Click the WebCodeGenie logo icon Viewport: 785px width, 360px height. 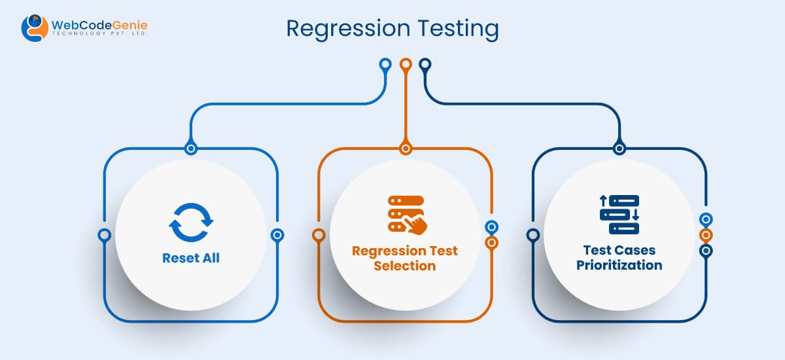(x=34, y=28)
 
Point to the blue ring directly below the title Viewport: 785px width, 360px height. (x=385, y=65)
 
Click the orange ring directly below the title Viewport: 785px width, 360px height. (x=406, y=65)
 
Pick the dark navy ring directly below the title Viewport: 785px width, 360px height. (x=425, y=65)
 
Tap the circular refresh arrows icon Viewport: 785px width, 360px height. (x=191, y=223)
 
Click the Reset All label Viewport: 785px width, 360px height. (x=191, y=258)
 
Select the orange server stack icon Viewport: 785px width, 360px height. (x=402, y=213)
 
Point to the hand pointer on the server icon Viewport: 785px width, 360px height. (x=416, y=225)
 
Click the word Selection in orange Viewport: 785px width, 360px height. (x=405, y=266)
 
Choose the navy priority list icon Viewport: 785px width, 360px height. (x=619, y=215)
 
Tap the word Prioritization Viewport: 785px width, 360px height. (x=619, y=265)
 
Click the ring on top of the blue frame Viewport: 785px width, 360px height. (x=191, y=149)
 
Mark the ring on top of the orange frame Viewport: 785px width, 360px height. (x=406, y=149)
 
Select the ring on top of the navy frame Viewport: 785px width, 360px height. (x=619, y=149)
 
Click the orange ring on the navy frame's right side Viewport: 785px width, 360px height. (x=705, y=235)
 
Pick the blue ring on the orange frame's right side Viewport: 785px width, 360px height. (x=491, y=227)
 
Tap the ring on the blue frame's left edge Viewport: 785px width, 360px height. (x=104, y=235)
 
